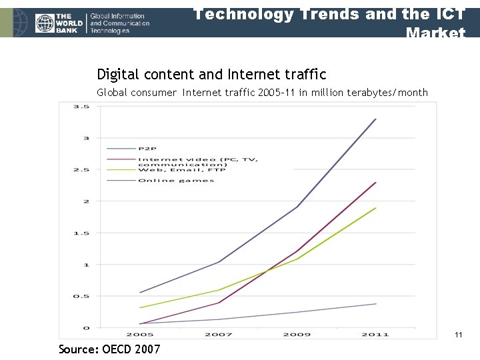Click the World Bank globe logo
point(45,23)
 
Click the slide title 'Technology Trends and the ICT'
point(329,14)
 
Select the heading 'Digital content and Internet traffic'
point(211,74)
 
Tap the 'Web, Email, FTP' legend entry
point(181,170)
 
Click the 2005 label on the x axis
point(139,334)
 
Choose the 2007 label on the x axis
point(218,334)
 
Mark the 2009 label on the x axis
point(297,334)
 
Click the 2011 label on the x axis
point(375,334)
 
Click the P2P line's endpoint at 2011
point(376,119)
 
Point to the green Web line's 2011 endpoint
point(376,208)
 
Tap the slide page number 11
point(458,335)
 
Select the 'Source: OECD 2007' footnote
point(109,349)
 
